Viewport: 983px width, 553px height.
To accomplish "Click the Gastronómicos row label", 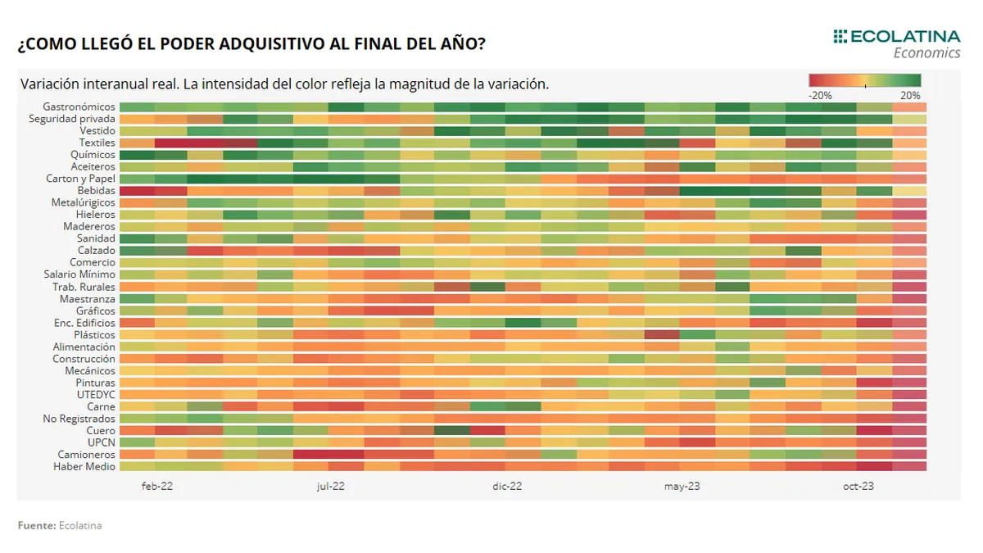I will (79, 107).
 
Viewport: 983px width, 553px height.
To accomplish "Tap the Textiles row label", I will (97, 143).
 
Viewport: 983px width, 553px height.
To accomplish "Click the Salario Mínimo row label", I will (79, 274).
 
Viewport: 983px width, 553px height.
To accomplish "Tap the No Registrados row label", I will (79, 419).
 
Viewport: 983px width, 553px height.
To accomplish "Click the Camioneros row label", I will (86, 455).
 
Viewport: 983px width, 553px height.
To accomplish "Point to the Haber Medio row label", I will (84, 466).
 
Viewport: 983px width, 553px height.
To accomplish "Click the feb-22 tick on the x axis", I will (156, 486).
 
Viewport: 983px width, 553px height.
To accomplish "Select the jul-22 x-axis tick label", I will (330, 486).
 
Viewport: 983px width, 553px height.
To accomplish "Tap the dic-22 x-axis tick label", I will (507, 486).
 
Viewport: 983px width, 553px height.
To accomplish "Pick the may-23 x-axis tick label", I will (682, 486).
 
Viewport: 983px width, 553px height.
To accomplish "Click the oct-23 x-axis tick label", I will (858, 486).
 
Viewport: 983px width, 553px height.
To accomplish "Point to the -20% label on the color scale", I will (820, 95).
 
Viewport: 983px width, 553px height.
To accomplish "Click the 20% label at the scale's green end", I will (910, 95).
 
